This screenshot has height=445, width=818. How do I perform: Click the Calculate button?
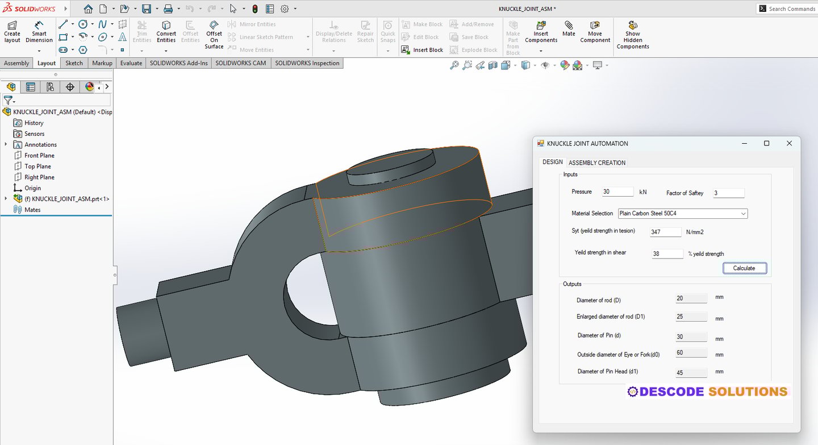(744, 268)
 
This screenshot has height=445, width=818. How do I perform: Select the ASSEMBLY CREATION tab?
(596, 163)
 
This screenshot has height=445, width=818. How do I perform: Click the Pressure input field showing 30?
(617, 192)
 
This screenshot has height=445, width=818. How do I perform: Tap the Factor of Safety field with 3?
(728, 193)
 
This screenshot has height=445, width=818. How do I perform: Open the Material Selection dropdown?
(682, 214)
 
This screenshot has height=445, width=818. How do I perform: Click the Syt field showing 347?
(665, 232)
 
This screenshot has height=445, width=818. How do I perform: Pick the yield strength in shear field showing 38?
(667, 254)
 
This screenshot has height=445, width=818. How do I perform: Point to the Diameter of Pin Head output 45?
(691, 373)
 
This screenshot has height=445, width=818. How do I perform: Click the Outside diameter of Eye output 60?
(691, 353)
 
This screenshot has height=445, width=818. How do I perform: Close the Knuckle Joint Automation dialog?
(789, 143)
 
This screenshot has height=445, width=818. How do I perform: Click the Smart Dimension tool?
(39, 33)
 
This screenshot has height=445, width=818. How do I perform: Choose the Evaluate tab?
(131, 63)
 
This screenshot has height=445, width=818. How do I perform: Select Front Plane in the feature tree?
(39, 156)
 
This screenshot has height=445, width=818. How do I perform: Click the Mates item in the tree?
(32, 210)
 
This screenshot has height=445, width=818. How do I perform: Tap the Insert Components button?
(541, 33)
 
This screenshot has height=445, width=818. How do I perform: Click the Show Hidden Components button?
(633, 36)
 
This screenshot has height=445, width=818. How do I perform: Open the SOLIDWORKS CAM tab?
(240, 63)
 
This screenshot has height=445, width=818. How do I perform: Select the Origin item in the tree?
(32, 188)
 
